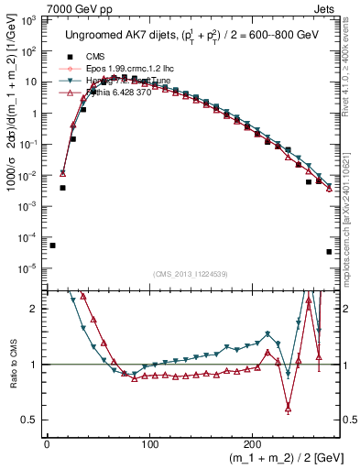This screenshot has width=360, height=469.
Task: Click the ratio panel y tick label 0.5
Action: coord(31,420)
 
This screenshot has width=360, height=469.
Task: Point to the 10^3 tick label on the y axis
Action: coord(29,19)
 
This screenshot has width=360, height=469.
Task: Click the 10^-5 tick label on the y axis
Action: coord(29,268)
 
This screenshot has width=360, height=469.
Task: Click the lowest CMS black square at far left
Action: coord(52,245)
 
